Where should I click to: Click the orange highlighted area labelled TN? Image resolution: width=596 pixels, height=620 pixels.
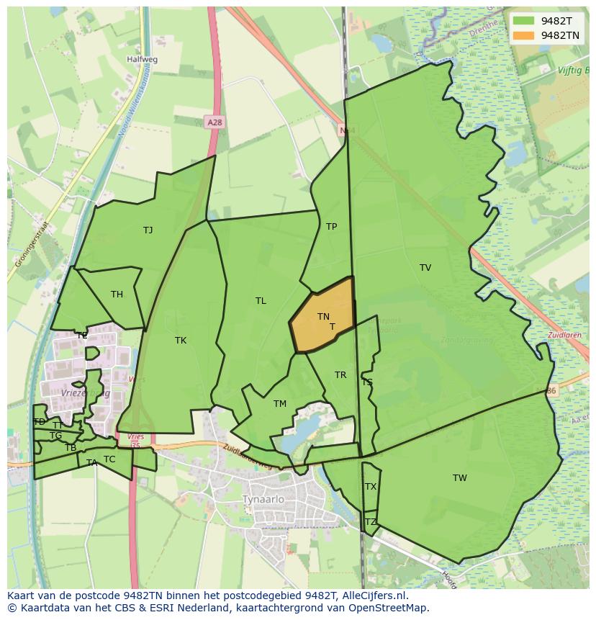click(324, 317)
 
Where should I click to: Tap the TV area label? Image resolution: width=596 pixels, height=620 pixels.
click(425, 268)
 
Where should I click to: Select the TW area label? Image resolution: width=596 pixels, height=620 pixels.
click(460, 478)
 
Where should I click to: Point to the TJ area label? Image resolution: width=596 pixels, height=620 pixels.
click(148, 230)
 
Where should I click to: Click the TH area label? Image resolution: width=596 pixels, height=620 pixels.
click(117, 294)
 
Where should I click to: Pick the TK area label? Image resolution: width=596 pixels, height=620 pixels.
click(181, 341)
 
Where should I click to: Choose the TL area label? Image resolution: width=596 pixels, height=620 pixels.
click(261, 301)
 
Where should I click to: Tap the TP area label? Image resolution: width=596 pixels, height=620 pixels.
click(331, 227)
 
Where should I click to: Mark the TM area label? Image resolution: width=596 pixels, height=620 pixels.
click(280, 404)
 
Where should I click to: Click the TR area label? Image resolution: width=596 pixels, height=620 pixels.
click(340, 375)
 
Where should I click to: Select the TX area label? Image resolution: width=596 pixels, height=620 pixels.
click(371, 487)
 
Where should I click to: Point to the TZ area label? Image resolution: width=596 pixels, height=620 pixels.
click(371, 522)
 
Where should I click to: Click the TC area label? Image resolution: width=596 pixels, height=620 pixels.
click(109, 459)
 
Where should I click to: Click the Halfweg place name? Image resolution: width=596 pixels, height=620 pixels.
click(142, 60)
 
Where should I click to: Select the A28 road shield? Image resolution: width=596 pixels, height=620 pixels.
click(214, 122)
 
